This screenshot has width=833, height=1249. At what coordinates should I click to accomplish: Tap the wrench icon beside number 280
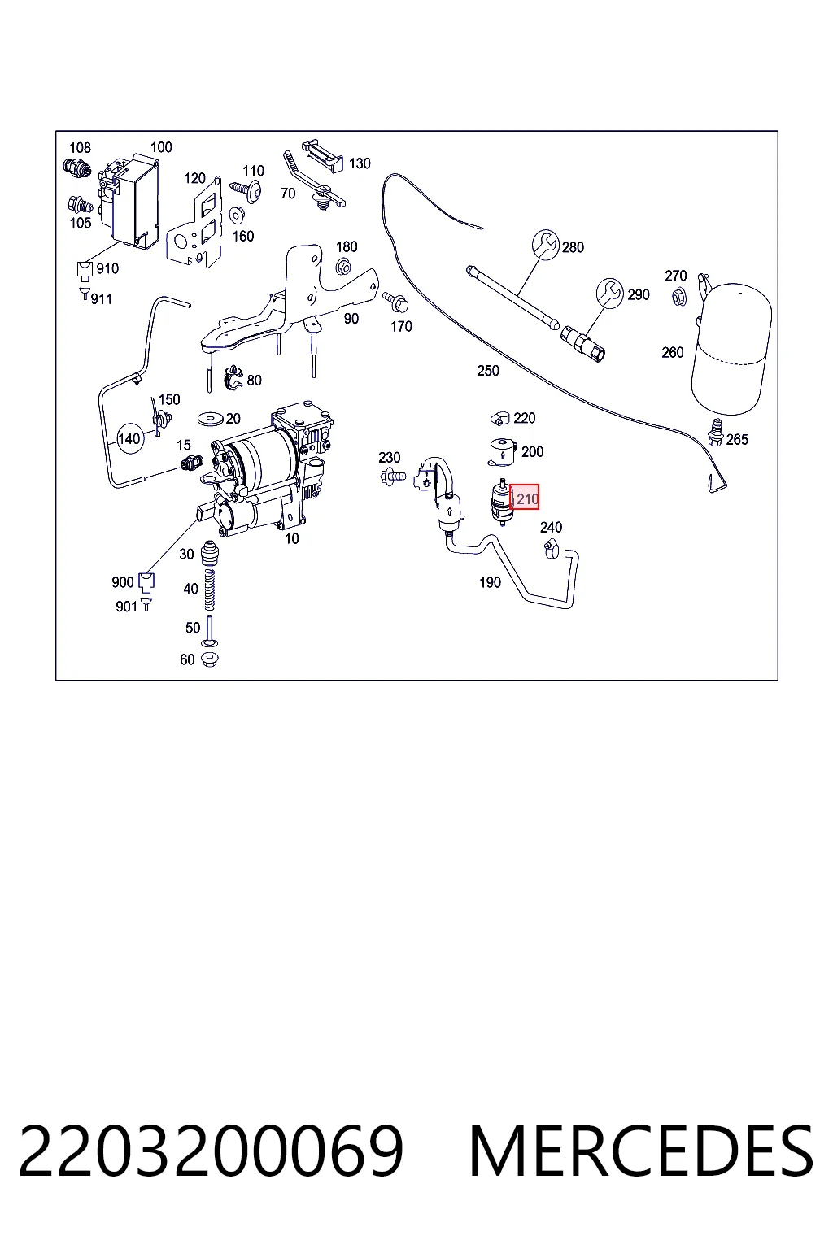point(545,245)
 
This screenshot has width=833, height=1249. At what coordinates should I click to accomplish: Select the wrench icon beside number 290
point(609,293)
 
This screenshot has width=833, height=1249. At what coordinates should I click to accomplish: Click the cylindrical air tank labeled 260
point(731,349)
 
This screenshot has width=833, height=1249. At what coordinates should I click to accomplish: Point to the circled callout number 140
point(129,439)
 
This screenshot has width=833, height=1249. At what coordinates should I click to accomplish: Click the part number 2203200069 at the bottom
point(211,1151)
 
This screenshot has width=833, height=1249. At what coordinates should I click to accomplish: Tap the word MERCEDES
point(641,1151)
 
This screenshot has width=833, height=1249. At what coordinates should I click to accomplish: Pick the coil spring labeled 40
point(210,590)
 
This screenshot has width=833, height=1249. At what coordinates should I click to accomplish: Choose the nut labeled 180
point(343,266)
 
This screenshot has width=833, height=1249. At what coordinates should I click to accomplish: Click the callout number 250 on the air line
point(487,371)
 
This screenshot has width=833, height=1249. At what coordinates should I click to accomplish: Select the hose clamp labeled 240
point(551,550)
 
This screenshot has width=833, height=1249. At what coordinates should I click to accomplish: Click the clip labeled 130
point(323,155)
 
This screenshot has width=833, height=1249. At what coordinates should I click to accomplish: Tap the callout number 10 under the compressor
point(292,538)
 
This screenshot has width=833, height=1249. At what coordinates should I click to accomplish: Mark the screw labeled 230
point(394,477)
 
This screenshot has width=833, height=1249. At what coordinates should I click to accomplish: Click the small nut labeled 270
point(679,297)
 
